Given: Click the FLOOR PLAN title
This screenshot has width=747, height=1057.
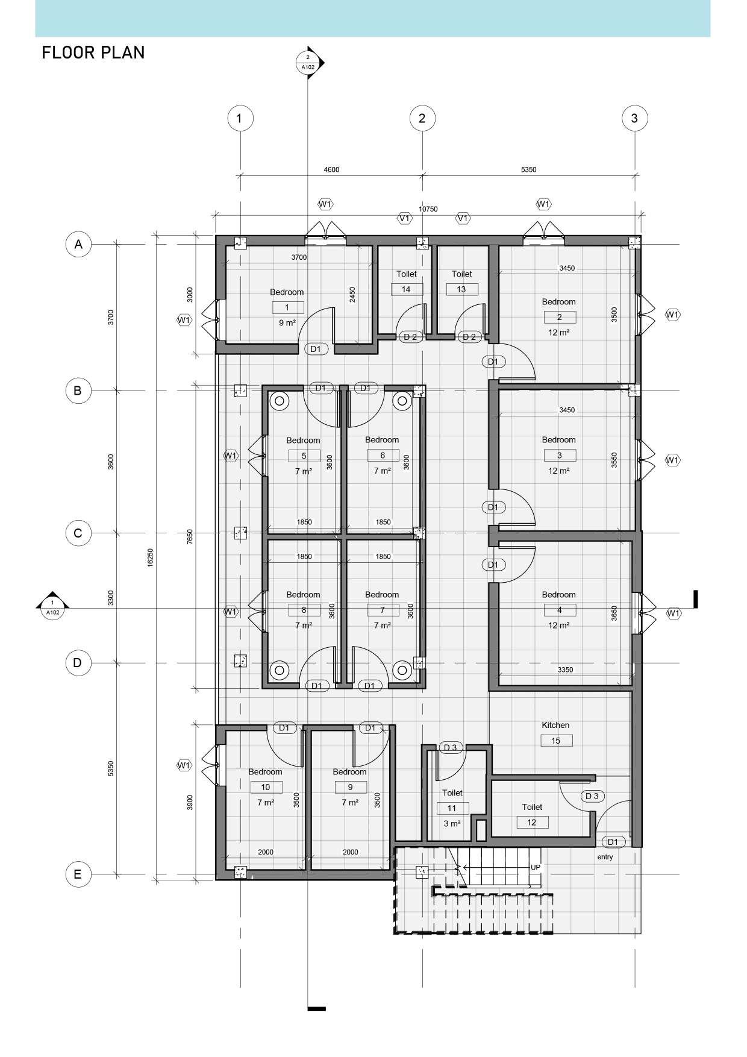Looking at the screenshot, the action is (93, 53).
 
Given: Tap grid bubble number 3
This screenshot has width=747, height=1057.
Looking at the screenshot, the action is (634, 118).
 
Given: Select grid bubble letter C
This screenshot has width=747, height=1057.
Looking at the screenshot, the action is (78, 533).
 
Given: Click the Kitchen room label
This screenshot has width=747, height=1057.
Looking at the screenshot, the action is (555, 726).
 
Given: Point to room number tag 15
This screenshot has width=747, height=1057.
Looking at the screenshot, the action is (555, 741).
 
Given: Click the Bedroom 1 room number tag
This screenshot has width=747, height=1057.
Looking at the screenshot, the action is (287, 307).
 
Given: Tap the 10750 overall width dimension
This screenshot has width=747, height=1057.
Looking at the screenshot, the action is (428, 209).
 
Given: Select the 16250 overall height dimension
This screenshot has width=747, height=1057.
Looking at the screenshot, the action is (151, 557).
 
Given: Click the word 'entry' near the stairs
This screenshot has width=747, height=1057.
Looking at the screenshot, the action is (605, 857).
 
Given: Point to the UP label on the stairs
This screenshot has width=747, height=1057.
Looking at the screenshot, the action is (536, 868).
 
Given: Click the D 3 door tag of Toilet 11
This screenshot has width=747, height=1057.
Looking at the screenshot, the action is (450, 748).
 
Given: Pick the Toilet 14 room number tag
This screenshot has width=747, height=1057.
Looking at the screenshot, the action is (406, 289).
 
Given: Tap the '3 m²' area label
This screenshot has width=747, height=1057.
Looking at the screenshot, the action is (452, 824).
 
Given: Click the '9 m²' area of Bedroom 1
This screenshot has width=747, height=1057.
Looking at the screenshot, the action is (287, 323).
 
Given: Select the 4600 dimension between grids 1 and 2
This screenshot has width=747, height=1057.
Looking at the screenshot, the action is (331, 170).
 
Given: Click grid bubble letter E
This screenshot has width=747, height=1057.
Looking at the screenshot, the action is (78, 874).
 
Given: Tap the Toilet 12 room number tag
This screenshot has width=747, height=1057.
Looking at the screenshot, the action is (531, 823).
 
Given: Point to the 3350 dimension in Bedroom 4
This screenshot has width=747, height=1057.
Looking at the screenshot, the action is (565, 670).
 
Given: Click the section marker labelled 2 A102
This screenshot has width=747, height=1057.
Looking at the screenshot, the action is (308, 62).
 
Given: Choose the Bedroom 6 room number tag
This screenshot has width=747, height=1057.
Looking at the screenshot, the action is (383, 456).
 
